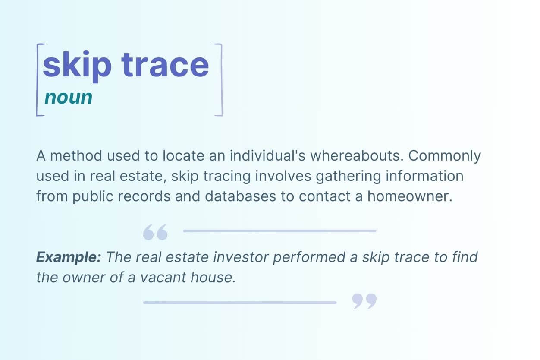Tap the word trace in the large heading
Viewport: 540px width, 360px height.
tap(165, 65)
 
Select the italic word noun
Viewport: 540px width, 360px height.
tap(68, 98)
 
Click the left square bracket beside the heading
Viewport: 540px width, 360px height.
tap(38, 80)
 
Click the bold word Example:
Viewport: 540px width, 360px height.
tap(69, 258)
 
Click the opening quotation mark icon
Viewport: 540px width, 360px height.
tap(155, 233)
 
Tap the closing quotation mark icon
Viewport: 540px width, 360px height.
tap(364, 301)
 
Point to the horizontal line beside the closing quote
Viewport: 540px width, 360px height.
tap(239, 303)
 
